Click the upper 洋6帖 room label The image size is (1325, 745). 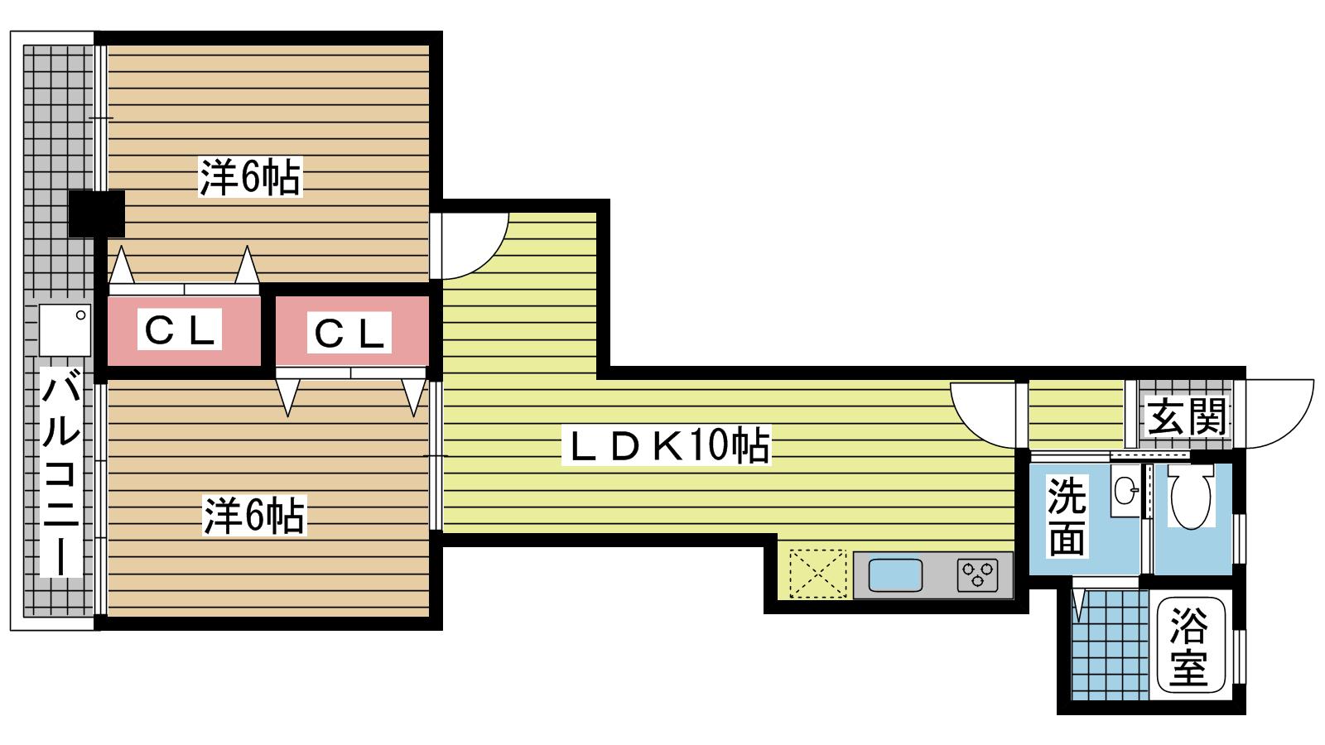click(250, 177)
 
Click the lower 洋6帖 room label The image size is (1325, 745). click(254, 516)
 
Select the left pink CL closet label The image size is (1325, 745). click(179, 329)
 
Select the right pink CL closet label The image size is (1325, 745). click(349, 332)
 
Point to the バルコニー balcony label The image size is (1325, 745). click(60, 471)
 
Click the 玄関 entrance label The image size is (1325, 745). click(1186, 416)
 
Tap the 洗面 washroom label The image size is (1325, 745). click(1067, 517)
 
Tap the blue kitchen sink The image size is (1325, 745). click(895, 575)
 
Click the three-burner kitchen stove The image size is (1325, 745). click(977, 575)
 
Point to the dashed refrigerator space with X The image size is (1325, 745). click(817, 574)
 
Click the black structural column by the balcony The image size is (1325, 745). click(96, 214)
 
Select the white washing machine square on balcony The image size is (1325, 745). click(65, 330)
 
